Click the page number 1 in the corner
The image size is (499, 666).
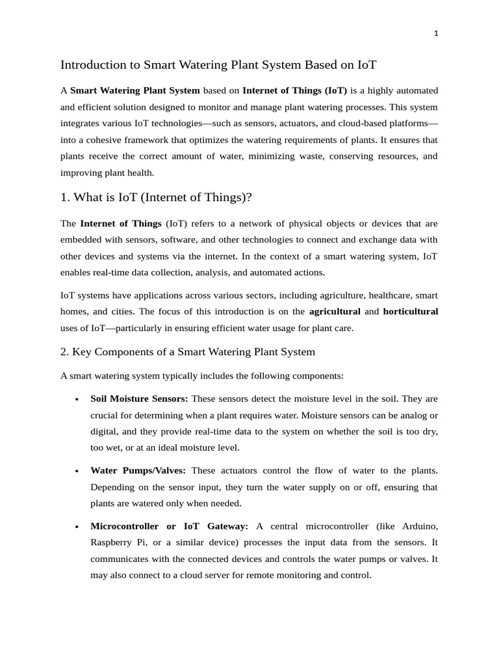437,34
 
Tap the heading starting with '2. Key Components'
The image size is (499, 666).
187,352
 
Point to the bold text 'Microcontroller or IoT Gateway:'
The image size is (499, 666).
170,526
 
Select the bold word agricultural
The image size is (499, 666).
335,312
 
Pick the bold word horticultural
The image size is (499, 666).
411,312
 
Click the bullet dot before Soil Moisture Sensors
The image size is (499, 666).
77,399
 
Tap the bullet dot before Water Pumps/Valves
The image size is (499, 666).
77,471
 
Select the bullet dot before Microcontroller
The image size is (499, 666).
77,526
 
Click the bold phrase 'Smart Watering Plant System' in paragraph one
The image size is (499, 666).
135,90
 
